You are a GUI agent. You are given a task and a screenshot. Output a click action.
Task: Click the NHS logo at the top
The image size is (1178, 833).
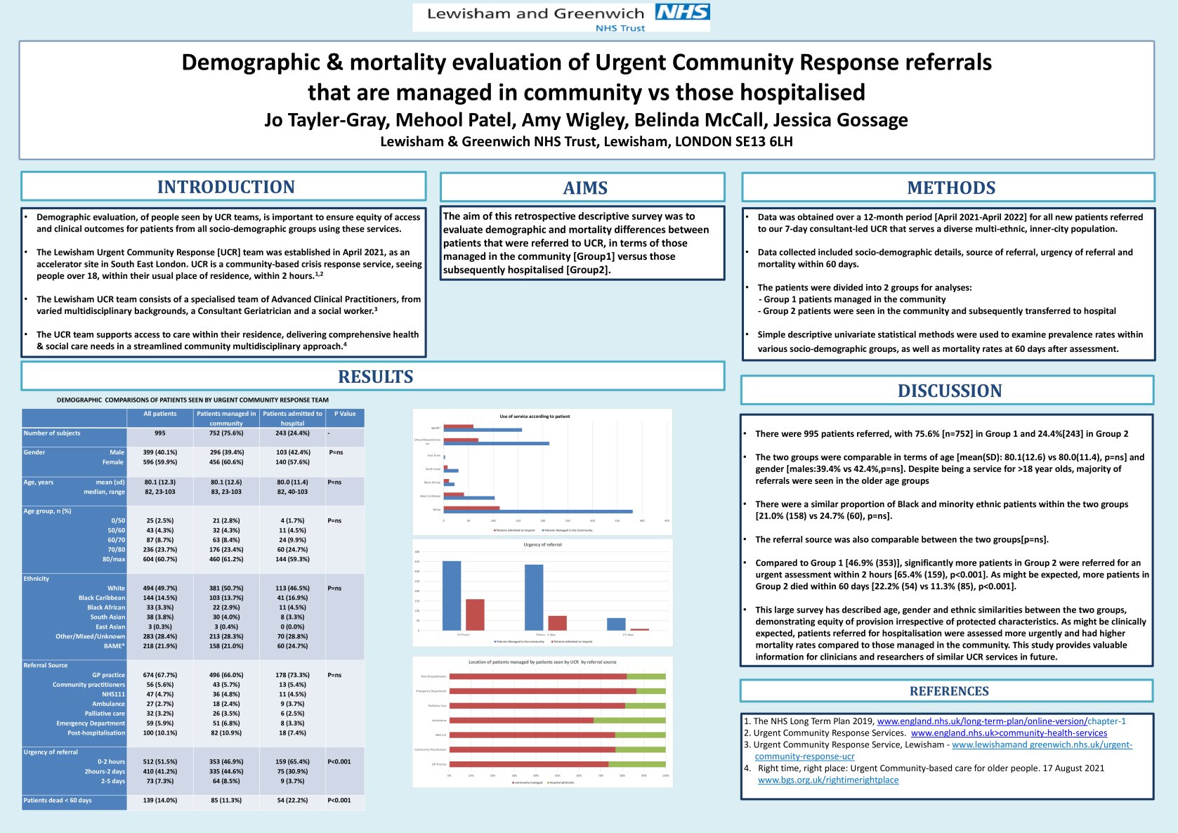[682, 12]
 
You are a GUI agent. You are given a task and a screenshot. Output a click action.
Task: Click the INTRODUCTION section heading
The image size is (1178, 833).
[225, 187]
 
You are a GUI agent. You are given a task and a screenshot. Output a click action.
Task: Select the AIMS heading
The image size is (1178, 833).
[584, 188]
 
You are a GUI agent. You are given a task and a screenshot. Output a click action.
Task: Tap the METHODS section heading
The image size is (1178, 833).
[950, 188]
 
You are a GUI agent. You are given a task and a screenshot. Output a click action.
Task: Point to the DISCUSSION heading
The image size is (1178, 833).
[949, 391]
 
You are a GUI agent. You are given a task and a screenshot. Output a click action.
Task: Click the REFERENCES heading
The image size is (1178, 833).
[948, 691]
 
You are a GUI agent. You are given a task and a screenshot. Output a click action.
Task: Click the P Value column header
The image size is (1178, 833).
[344, 414]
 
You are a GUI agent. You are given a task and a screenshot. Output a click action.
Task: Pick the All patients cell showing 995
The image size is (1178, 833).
[160, 433]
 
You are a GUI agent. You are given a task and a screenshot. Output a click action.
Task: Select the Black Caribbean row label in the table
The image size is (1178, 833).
[102, 598]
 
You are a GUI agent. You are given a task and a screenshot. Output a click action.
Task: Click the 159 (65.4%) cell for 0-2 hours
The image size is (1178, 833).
[292, 762]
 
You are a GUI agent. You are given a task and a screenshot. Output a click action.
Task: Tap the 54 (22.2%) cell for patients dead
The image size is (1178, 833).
[292, 801]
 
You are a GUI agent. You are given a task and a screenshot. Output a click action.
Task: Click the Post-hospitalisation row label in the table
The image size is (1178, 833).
[96, 733]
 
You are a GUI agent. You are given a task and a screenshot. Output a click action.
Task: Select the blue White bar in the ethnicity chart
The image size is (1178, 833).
[537, 511]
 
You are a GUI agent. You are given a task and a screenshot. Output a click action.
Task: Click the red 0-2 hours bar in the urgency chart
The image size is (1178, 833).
[475, 615]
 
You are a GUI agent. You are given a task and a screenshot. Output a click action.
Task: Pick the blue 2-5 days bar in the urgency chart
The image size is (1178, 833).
[616, 624]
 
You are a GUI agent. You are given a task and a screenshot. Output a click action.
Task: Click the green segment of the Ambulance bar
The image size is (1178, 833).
[629, 720]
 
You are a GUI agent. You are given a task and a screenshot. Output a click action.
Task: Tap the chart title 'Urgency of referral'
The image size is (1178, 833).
[542, 545]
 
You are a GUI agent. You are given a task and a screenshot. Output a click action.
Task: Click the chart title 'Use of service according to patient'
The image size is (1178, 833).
[535, 416]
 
